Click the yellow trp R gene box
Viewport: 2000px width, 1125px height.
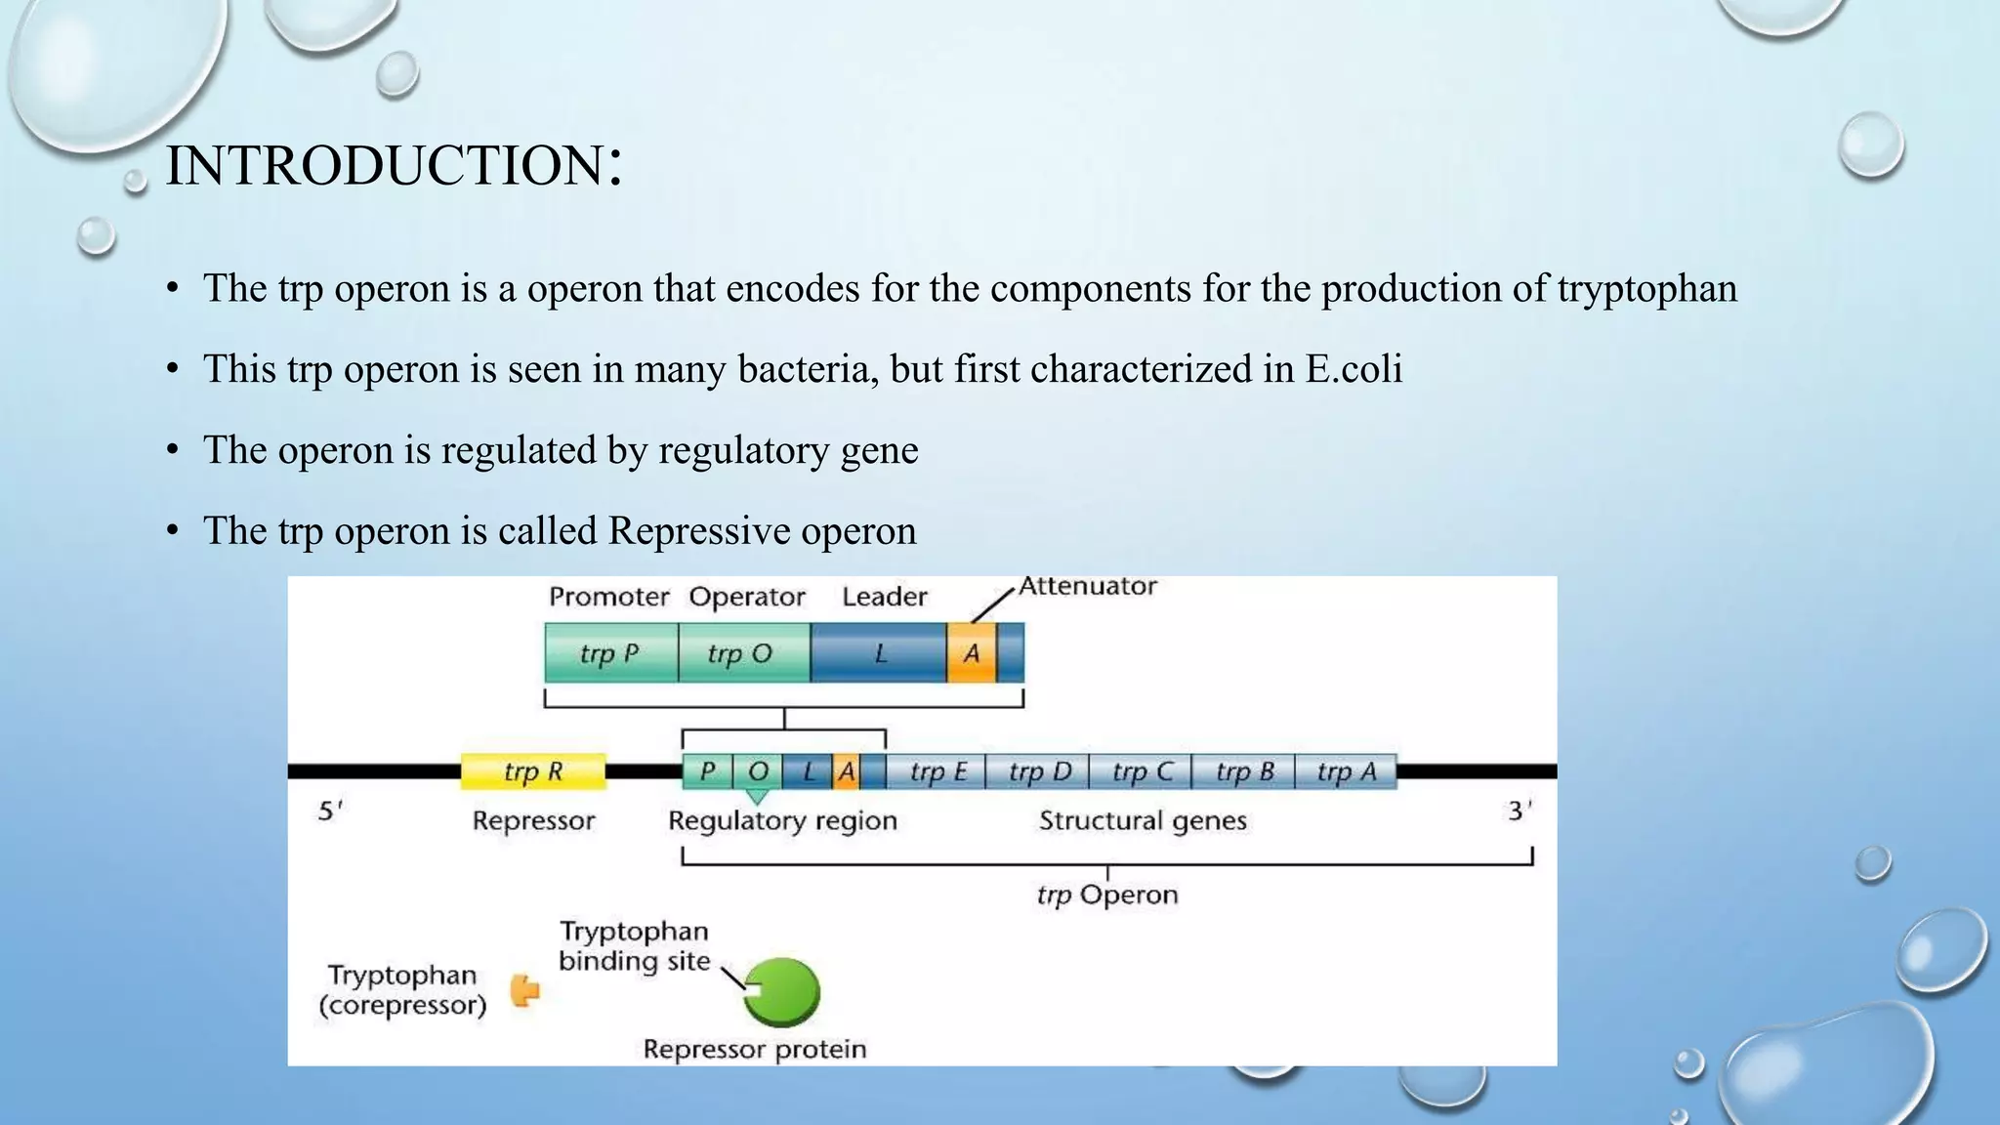533,771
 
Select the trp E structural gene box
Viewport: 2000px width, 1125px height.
937,771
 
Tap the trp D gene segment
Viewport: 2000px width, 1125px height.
1039,771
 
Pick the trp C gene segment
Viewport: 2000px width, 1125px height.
1142,771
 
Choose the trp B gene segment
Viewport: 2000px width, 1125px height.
1244,771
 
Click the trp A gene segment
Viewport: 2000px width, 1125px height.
1346,771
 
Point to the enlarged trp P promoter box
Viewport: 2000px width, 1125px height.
610,652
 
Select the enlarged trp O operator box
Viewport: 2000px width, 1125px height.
742,652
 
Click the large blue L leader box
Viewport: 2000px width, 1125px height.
879,652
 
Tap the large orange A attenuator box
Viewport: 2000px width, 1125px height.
971,652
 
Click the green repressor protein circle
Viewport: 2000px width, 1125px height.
783,992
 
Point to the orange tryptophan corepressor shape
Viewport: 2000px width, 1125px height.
525,990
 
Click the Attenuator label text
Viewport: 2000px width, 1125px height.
1087,586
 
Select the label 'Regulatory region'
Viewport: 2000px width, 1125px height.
782,820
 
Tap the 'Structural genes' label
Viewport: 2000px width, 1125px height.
1143,820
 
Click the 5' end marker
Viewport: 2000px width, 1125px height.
330,811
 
